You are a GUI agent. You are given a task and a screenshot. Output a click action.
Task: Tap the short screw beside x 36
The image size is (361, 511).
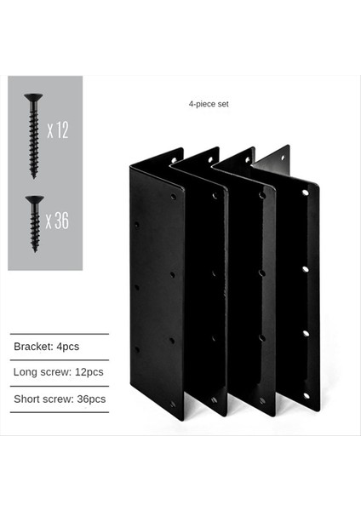point(34,222)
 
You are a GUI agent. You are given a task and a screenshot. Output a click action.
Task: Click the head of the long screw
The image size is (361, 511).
point(33,97)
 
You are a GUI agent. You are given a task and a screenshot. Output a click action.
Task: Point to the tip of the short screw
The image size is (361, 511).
point(34,250)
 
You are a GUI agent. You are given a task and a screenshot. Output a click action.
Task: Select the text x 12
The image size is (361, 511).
point(58,130)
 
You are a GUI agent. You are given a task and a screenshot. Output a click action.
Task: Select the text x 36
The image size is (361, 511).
point(58,221)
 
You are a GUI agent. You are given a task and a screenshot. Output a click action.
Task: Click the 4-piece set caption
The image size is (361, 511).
point(209,104)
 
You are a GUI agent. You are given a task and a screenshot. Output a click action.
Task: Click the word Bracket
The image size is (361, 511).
point(32,347)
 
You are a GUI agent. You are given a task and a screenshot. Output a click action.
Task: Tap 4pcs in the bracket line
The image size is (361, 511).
point(67,347)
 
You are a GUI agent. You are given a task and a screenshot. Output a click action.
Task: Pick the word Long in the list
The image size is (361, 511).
point(25,372)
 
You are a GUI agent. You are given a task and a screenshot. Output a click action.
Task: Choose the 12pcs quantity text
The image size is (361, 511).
point(89,372)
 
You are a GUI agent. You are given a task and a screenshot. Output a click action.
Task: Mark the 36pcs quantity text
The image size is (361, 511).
point(91,399)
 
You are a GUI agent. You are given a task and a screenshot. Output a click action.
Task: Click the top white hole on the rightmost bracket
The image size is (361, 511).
point(305,192)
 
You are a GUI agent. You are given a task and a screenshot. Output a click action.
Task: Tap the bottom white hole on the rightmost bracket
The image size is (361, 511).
point(306,395)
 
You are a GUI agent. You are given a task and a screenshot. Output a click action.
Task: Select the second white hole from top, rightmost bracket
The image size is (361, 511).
point(305,268)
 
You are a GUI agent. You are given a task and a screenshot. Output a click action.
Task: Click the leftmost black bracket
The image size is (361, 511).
point(156,290)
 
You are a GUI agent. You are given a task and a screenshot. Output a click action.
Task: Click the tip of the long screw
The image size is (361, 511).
point(33,176)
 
